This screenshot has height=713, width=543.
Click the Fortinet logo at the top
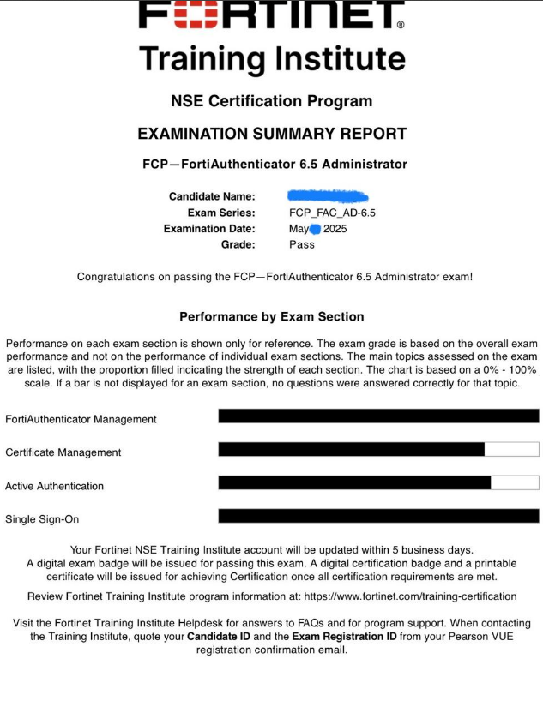[271, 15]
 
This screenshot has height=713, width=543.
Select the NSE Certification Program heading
[271, 101]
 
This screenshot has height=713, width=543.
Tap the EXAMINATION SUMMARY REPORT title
[271, 134]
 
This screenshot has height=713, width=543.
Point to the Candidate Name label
[212, 196]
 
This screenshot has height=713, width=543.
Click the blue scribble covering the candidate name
[328, 196]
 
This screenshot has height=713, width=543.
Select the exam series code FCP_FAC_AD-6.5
[332, 213]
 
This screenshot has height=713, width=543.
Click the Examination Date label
[209, 229]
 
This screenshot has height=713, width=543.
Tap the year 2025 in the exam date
[335, 229]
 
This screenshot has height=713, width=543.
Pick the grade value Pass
[302, 244]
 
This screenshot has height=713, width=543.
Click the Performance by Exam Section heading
[271, 317]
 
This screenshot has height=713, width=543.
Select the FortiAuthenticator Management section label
[81, 419]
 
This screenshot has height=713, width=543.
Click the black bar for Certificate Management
[352, 449]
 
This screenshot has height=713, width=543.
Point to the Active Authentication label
[54, 486]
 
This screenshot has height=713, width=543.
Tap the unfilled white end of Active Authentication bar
[515, 482]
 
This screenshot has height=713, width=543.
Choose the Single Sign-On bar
[378, 516]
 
